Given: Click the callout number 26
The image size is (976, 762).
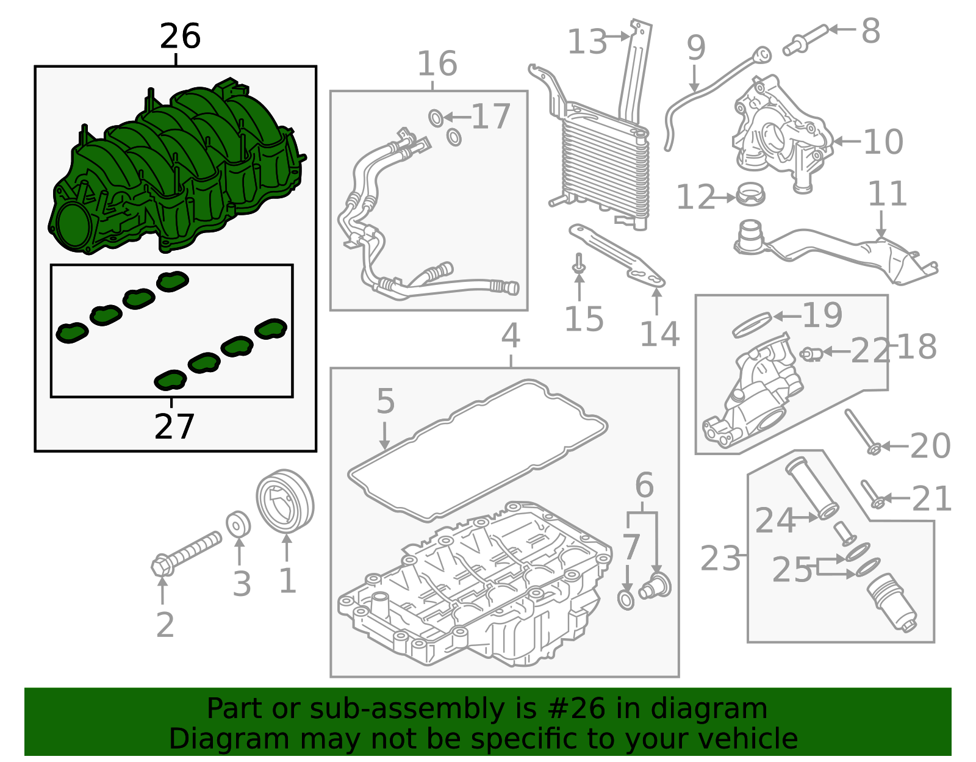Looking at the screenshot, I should pos(180,37).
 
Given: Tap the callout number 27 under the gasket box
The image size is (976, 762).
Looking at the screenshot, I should pos(174,426).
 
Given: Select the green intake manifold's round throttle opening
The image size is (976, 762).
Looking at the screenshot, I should pos(72,225).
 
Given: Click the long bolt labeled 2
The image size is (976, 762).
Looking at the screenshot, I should pos(187,553).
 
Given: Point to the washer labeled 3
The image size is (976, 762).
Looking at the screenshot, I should pos(238,524).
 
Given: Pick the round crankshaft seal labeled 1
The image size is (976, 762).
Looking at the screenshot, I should pos(285,500).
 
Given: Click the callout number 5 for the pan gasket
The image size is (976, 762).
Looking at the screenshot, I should pos(386,401).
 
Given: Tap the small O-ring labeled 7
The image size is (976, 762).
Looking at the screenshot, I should pos(626,600).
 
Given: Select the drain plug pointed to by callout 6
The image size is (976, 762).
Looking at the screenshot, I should pos(656,586).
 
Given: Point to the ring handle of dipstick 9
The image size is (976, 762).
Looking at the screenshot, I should pos(762,55).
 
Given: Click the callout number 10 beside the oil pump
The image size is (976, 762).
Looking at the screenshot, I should pos(883,142).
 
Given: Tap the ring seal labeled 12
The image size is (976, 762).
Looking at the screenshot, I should pos(750,195).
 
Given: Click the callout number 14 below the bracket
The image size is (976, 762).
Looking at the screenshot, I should pos(659,334).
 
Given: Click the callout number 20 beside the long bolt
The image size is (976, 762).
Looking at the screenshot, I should pos(930,446).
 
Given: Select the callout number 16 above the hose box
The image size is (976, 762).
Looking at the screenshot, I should pos(437,64).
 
